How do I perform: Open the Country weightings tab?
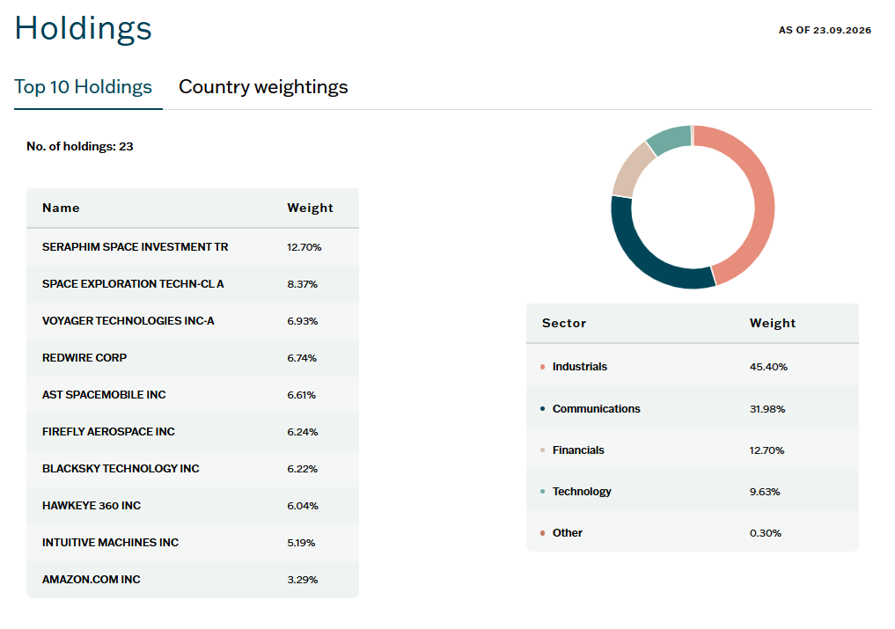tap(263, 87)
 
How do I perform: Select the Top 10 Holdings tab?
tap(84, 87)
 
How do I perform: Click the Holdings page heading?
tap(84, 28)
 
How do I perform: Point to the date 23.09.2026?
tap(842, 30)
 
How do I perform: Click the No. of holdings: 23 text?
tap(80, 147)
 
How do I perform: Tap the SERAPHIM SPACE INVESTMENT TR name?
tap(136, 247)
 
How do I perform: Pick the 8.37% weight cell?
tap(303, 284)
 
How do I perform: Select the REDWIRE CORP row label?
tap(84, 358)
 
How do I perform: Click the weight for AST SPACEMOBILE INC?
tap(301, 395)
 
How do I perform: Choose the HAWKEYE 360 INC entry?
tap(92, 506)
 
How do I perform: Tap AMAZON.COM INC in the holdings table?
tap(92, 580)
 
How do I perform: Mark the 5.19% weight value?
tap(301, 543)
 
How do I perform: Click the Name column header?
tap(61, 208)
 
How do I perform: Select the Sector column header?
tap(564, 323)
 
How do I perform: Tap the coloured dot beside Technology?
tap(542, 492)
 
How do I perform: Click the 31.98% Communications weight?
tap(767, 409)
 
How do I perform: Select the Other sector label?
tap(568, 533)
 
